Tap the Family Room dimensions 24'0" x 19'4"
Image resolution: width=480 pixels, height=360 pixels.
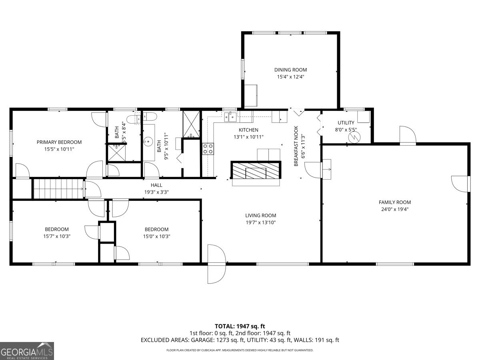click(x=394, y=209)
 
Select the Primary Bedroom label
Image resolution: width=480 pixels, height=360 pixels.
click(x=59, y=142)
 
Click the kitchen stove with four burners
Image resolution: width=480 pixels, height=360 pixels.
click(x=208, y=149)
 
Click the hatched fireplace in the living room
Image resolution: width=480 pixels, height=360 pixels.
click(x=256, y=170)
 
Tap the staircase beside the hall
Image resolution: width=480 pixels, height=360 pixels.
click(x=58, y=188)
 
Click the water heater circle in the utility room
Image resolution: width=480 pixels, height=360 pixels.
click(x=354, y=137)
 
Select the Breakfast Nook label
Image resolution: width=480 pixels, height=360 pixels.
click(x=296, y=146)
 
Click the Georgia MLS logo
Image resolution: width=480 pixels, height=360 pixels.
click(x=27, y=351)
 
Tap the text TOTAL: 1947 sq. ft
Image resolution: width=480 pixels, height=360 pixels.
click(x=240, y=326)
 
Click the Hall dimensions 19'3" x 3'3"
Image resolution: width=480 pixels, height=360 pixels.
click(x=156, y=192)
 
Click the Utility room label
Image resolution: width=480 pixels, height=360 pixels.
click(x=346, y=123)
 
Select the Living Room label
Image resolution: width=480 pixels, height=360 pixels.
click(x=260, y=216)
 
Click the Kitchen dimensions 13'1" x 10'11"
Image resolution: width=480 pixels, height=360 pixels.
click(x=248, y=137)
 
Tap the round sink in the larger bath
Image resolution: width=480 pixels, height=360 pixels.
click(x=148, y=141)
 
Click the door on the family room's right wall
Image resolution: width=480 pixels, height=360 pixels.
click(x=461, y=183)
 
